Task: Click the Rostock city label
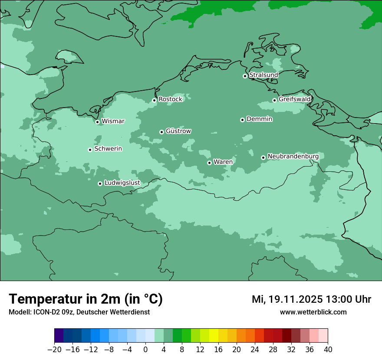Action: [x=170, y=99]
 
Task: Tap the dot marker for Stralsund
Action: [x=245, y=76]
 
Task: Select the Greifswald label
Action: [x=294, y=99]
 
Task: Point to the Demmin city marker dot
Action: [x=242, y=120]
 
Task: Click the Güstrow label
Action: [x=178, y=131]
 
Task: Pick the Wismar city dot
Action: [x=97, y=122]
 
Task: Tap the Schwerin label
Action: [x=108, y=149]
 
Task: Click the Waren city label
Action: [x=223, y=162]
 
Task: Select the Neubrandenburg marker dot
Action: [x=263, y=157]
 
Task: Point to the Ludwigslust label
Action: [x=122, y=183]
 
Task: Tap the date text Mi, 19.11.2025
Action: [x=286, y=299]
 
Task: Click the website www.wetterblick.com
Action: [x=313, y=312]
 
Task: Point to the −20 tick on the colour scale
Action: [x=54, y=350]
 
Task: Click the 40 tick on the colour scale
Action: [x=328, y=350]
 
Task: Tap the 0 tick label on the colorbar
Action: [x=145, y=350]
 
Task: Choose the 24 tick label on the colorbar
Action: [x=255, y=350]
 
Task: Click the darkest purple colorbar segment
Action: [x=59, y=336]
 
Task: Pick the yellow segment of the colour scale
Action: [x=214, y=336]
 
